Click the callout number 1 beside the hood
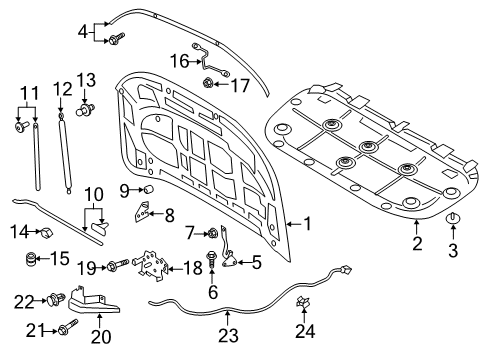308,223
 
